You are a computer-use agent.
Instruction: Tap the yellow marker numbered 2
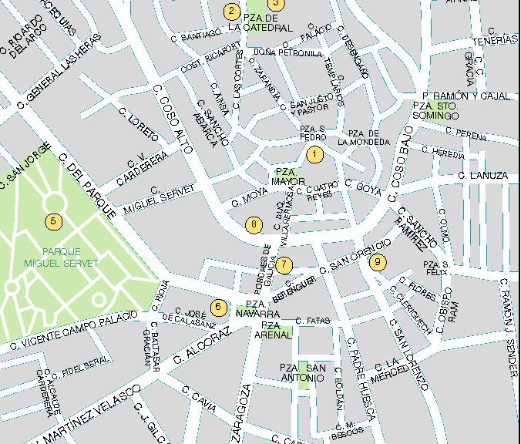[231, 12]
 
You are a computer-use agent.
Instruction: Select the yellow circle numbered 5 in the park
[52, 222]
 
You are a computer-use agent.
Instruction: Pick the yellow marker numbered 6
[218, 307]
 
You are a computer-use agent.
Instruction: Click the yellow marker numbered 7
[284, 265]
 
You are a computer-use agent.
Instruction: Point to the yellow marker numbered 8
[254, 224]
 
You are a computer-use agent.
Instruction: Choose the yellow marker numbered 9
[377, 262]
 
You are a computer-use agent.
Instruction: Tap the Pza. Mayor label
[284, 177]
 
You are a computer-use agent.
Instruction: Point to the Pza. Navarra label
[257, 309]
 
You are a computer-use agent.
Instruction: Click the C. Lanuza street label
[482, 177]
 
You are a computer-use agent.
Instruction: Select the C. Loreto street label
[138, 123]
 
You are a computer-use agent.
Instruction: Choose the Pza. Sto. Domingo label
[435, 110]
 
